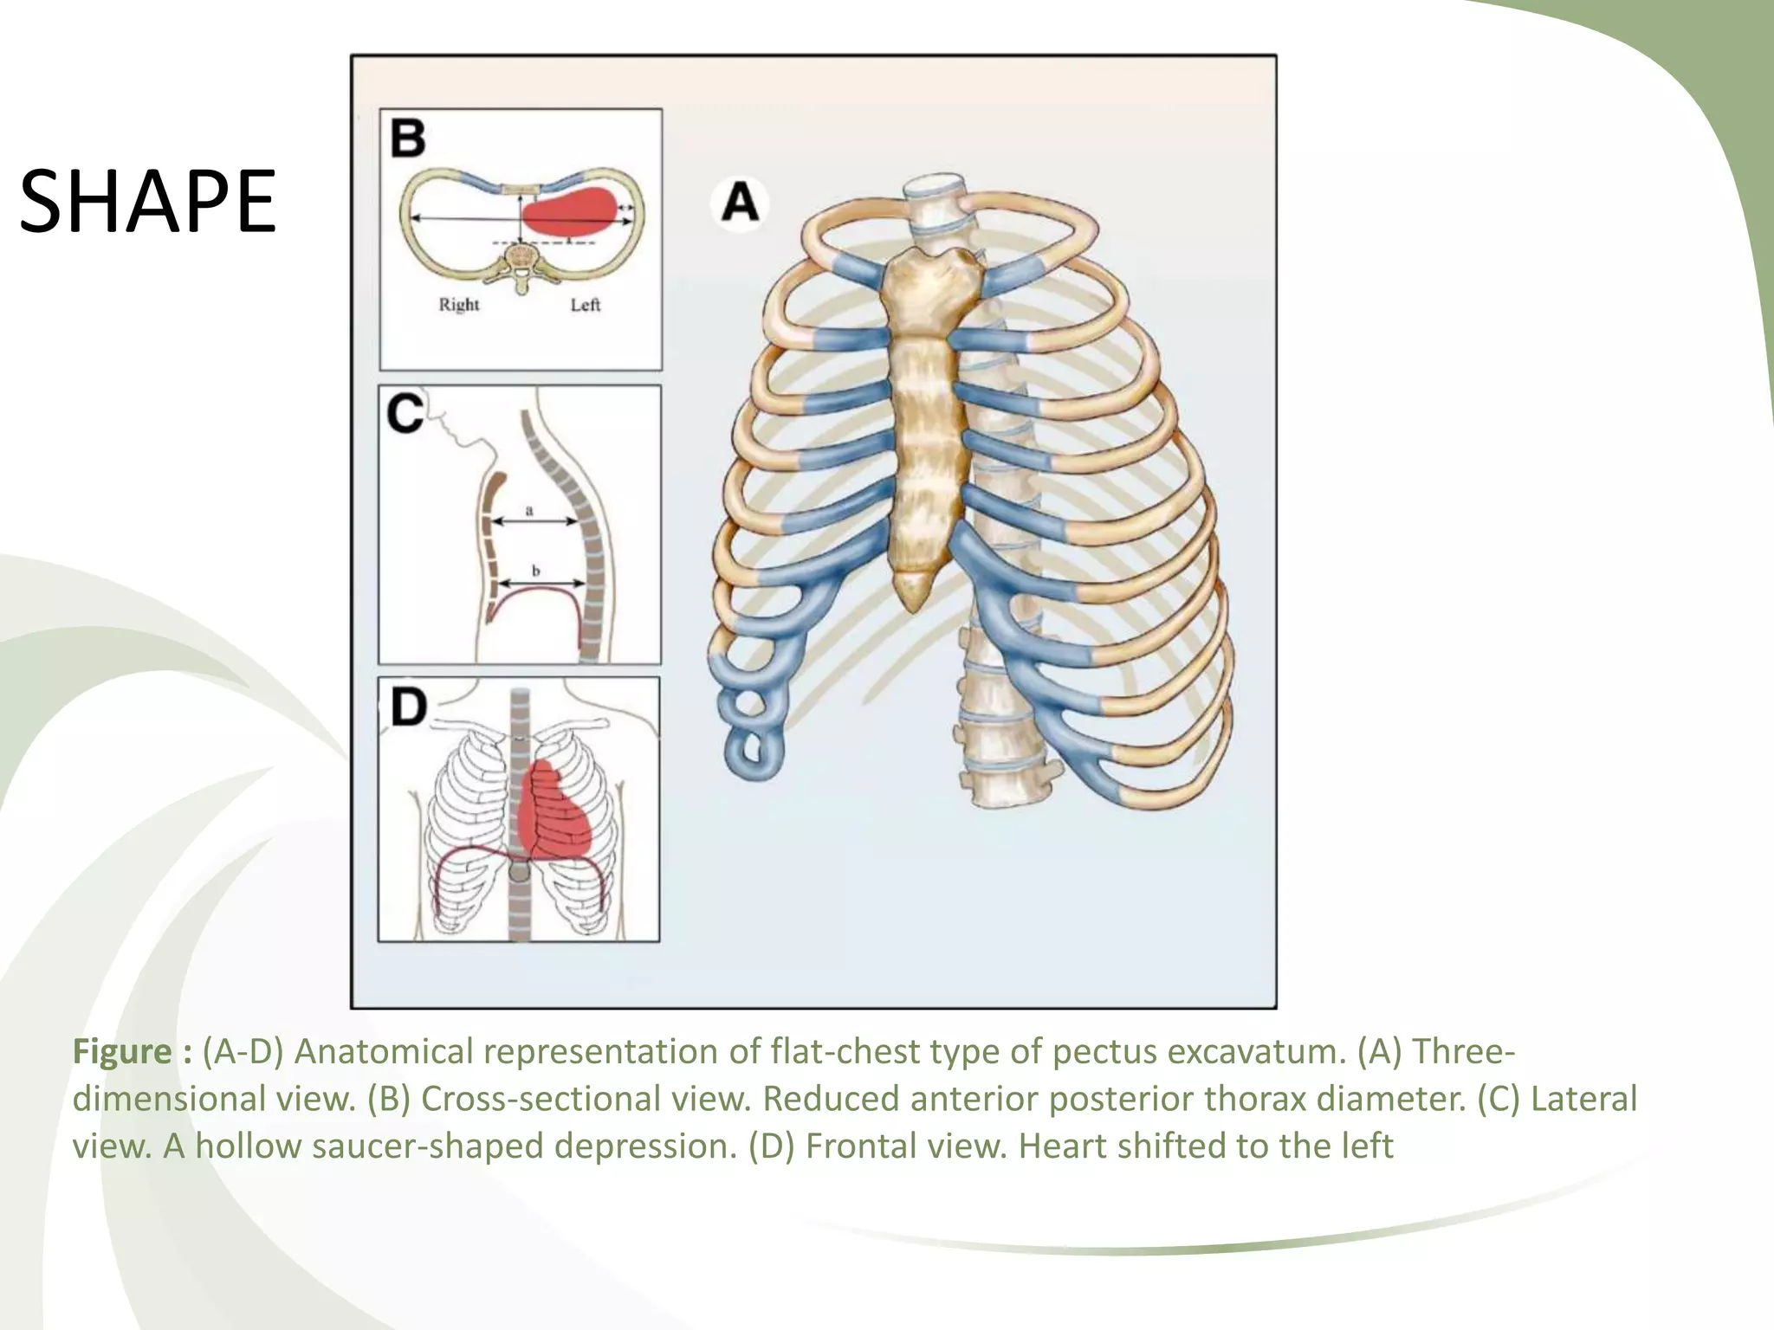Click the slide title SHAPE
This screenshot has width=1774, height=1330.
(x=147, y=202)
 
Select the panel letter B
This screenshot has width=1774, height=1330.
(x=408, y=139)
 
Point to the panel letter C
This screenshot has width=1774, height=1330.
(x=405, y=414)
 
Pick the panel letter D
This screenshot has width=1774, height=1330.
(x=408, y=707)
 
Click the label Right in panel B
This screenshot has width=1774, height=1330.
(x=458, y=305)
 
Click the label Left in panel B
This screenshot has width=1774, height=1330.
(x=586, y=305)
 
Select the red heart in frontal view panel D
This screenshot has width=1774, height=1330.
(x=554, y=814)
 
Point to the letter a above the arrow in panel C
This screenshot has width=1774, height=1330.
(x=529, y=511)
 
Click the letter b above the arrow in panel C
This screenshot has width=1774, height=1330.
(x=535, y=571)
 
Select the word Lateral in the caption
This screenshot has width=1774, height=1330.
(x=1584, y=1099)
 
